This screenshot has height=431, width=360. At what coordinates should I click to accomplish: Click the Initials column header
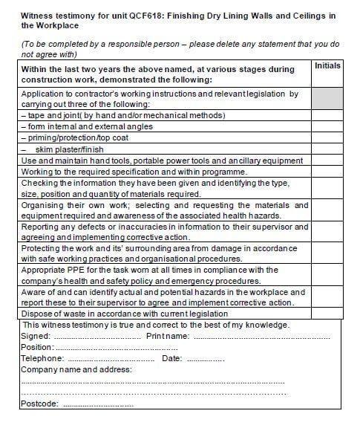pos(327,66)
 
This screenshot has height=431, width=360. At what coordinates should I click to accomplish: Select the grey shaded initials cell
pos(327,99)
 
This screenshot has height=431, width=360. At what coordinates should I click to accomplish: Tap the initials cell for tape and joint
pos(327,116)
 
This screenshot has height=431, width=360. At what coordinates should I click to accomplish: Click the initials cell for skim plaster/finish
pos(327,149)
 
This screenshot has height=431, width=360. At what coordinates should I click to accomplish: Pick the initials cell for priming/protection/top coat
pos(327,138)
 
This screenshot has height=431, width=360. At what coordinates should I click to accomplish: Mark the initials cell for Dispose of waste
pos(327,314)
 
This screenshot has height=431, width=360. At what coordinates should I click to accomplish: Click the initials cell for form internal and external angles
pos(327,127)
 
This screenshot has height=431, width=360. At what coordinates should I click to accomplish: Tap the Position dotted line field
pos(116,348)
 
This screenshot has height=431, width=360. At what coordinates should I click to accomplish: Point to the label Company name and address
pos(76,369)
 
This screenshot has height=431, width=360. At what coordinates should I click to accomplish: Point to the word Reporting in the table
pos(42,227)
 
